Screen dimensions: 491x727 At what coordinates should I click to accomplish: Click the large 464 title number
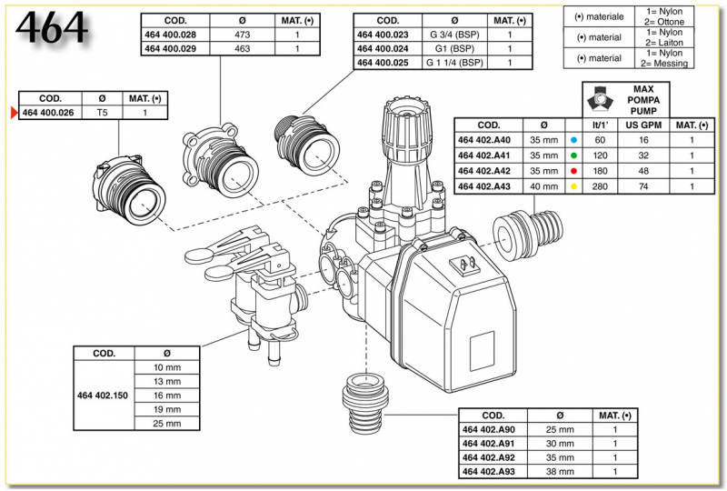click(x=51, y=31)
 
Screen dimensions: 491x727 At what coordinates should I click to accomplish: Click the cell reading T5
click(x=101, y=114)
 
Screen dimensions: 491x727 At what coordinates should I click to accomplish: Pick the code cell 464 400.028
click(x=171, y=35)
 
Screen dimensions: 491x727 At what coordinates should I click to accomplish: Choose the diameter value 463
click(x=244, y=48)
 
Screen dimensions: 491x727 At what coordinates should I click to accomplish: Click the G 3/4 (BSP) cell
click(x=451, y=35)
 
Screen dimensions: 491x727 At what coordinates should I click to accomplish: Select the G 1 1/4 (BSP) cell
click(x=451, y=63)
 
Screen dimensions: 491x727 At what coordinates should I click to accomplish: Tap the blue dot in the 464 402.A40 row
click(x=573, y=141)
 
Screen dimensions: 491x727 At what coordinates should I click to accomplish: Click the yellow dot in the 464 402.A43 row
click(x=573, y=185)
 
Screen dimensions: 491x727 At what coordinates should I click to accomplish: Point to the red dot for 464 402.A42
click(x=573, y=171)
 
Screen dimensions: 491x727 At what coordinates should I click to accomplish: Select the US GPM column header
click(x=642, y=125)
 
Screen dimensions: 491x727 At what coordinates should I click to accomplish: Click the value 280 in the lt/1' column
click(x=600, y=185)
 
